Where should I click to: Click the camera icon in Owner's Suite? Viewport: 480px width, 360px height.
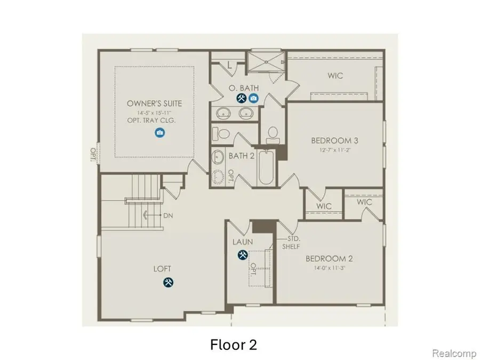click(159, 133)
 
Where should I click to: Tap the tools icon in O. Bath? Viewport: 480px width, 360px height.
click(241, 98)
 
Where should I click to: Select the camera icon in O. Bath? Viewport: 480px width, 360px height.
click(253, 98)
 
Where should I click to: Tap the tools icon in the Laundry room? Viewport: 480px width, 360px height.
click(242, 255)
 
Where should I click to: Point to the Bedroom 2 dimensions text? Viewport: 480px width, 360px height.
click(330, 268)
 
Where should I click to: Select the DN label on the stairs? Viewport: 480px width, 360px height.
click(167, 215)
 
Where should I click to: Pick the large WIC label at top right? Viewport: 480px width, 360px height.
click(335, 76)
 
